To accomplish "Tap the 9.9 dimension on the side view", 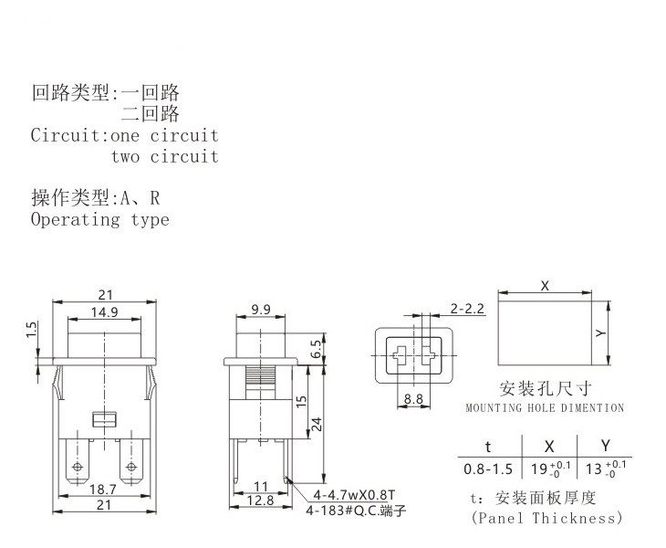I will pyautogui.click(x=259, y=311).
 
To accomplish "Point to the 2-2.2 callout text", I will pyautogui.click(x=467, y=309).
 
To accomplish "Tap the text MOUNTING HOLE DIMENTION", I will pyautogui.click(x=545, y=407).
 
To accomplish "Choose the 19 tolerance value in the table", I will pyautogui.click(x=550, y=470).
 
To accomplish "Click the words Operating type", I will pyautogui.click(x=99, y=219).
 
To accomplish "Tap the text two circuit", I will pyautogui.click(x=165, y=156).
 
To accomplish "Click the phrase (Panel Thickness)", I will pyautogui.click(x=546, y=518).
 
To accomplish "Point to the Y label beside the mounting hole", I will pyautogui.click(x=599, y=334).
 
